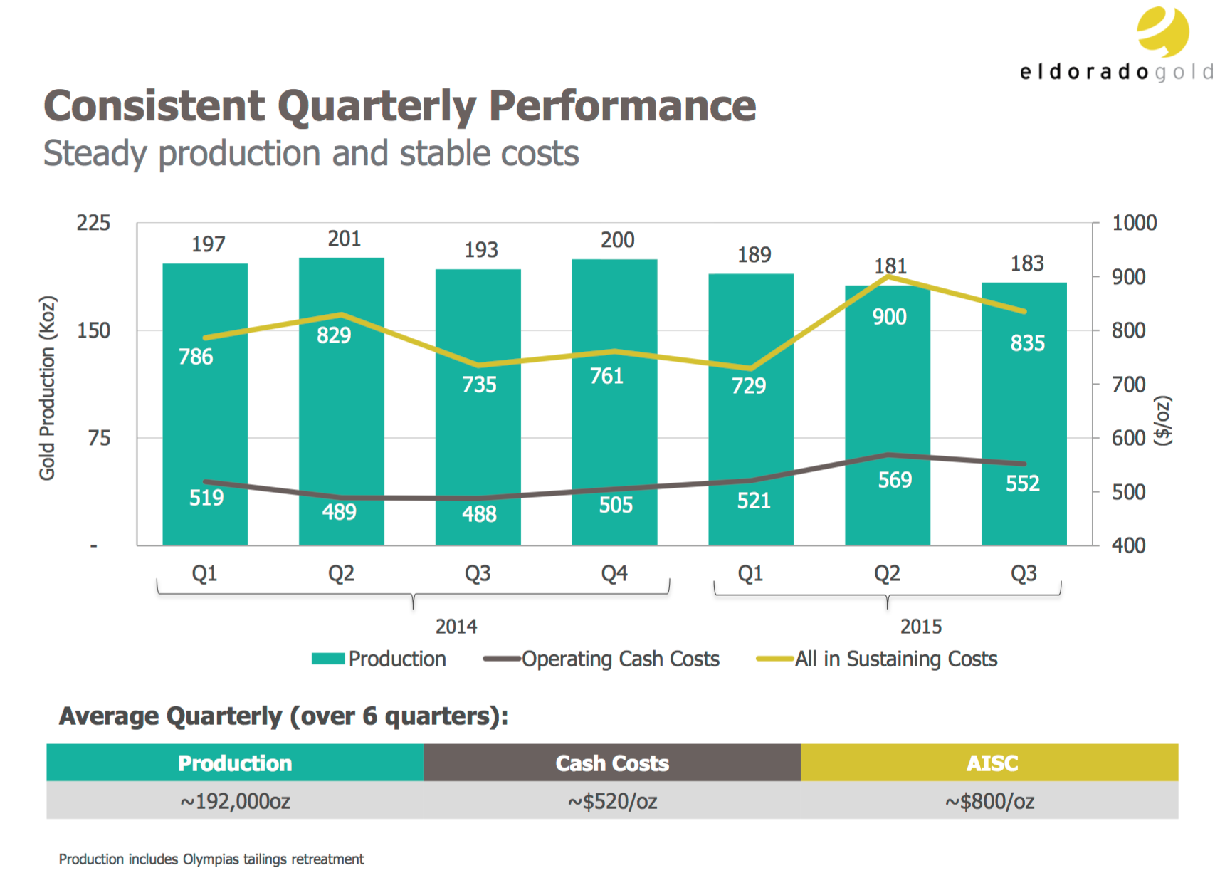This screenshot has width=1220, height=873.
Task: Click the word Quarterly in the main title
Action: pyautogui.click(x=377, y=106)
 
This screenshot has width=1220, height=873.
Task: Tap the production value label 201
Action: pyautogui.click(x=344, y=239)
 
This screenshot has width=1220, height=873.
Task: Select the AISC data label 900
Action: pyautogui.click(x=889, y=317)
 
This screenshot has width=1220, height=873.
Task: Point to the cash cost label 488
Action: pyautogui.click(x=479, y=513)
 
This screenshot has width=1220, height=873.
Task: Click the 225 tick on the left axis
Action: pyautogui.click(x=93, y=223)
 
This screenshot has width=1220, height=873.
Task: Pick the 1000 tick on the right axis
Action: pyautogui.click(x=1134, y=223)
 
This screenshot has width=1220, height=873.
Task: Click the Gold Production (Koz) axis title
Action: pyautogui.click(x=47, y=388)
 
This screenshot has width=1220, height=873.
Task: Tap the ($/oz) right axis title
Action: pyautogui.click(x=1162, y=421)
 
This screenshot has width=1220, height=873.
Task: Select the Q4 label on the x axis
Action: pyautogui.click(x=614, y=573)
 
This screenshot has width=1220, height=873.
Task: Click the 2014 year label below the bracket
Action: pyautogui.click(x=456, y=627)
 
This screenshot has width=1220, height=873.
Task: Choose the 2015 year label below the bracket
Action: pyautogui.click(x=920, y=627)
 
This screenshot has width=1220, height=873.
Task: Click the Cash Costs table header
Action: pyautogui.click(x=612, y=763)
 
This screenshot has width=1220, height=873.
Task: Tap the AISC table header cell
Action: pyautogui.click(x=992, y=763)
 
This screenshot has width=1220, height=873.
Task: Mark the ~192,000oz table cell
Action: pyautogui.click(x=235, y=801)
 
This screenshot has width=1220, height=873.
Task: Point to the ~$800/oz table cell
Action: pyautogui.click(x=989, y=801)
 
